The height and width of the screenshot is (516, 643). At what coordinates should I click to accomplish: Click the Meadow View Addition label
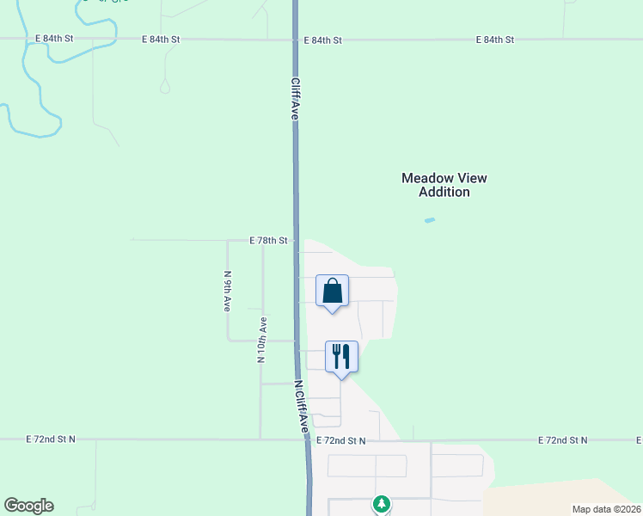444,185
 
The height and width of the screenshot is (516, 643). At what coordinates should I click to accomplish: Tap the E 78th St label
267,241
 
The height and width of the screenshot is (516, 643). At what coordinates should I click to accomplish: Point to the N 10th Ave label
261,340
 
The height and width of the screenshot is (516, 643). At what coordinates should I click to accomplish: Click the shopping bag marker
333,292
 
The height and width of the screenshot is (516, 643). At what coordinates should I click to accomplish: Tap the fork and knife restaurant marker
341,357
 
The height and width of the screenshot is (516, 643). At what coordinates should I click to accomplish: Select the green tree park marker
382,503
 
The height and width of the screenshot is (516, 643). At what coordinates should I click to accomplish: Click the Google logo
28,506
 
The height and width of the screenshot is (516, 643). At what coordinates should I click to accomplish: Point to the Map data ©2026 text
606,509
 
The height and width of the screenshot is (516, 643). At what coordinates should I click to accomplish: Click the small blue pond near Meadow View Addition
430,220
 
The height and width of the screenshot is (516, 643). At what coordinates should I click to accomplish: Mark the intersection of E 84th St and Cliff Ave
295,40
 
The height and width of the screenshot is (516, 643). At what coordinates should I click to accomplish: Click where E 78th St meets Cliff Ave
297,241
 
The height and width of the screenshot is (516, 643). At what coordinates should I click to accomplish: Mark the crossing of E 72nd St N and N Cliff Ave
307,440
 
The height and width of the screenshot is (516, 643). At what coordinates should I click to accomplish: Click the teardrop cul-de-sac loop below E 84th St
165,87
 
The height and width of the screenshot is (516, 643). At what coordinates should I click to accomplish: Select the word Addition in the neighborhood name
444,193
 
